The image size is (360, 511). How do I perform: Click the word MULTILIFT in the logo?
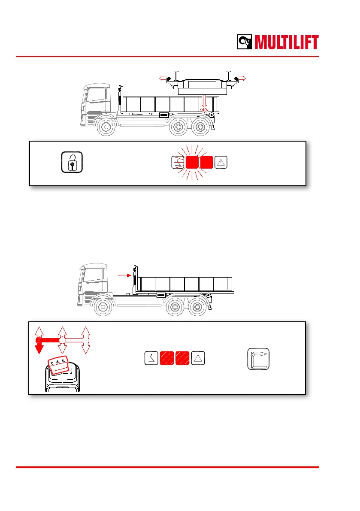[287, 42]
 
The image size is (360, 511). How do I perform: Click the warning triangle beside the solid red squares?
[221, 162]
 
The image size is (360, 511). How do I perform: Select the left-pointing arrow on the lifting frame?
[162, 79]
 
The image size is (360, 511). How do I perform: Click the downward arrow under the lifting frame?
[205, 102]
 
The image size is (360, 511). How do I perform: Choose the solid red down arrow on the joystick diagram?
[39, 347]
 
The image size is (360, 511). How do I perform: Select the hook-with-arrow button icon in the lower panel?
[258, 359]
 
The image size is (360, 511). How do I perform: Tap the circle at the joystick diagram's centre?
[62, 340]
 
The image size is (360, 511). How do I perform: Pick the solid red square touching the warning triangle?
[206, 162]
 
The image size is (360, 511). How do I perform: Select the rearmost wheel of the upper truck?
[200, 127]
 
